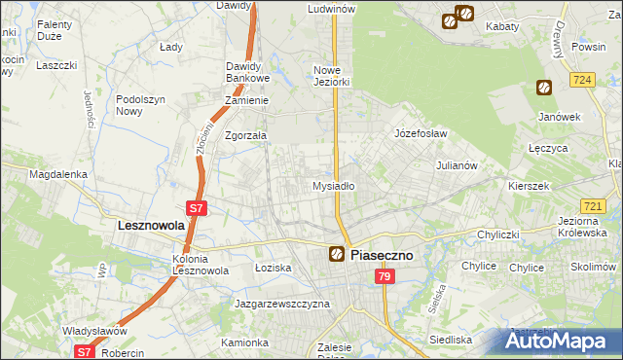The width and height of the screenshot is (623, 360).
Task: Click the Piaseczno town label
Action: pyautogui.click(x=382, y=254)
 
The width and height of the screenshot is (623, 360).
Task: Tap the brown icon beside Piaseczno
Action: pyautogui.click(x=336, y=254)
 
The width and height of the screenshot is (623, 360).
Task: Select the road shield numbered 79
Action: pyautogui.click(x=385, y=277)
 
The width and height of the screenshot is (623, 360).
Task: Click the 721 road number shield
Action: pyautogui.click(x=593, y=206)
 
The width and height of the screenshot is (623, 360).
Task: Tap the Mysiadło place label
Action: pyautogui.click(x=333, y=185)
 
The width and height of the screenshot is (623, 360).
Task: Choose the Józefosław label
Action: pyautogui.click(x=420, y=132)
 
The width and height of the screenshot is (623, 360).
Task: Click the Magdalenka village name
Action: pyautogui.click(x=58, y=174)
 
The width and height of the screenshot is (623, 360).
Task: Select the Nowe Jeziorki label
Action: pyautogui.click(x=331, y=76)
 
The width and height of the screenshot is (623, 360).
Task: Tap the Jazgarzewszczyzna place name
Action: pyautogui.click(x=282, y=304)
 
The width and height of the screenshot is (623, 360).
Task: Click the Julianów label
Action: pyautogui.click(x=457, y=165)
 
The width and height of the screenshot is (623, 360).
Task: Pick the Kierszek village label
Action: pyautogui.click(x=530, y=185)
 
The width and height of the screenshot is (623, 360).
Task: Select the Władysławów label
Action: pyautogui.click(x=96, y=331)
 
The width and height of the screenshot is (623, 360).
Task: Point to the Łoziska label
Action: pyautogui.click(x=273, y=266)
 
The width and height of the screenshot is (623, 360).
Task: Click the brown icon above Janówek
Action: pyautogui.click(x=543, y=88)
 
